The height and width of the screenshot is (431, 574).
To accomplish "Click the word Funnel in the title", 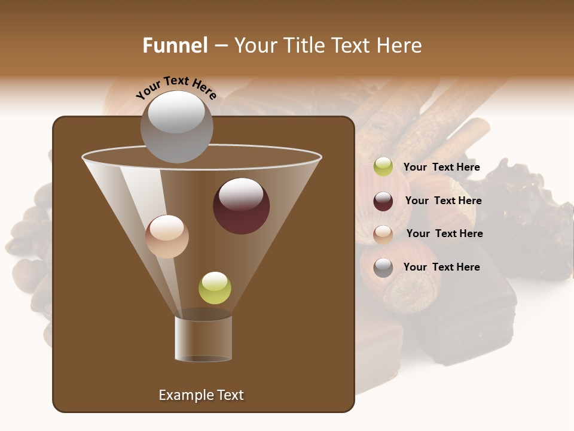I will [x=175, y=45].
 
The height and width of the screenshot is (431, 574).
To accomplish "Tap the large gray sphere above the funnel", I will [x=176, y=126].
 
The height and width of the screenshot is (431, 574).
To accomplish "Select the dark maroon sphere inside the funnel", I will [x=241, y=206].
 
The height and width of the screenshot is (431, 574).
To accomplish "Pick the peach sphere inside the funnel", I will [x=167, y=236].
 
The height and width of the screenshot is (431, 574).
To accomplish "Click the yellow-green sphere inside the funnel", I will [x=215, y=288].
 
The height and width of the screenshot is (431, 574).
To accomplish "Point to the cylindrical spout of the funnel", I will [x=203, y=339].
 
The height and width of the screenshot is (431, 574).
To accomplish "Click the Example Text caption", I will [x=201, y=395].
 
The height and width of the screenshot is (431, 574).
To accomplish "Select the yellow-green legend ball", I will [x=383, y=167].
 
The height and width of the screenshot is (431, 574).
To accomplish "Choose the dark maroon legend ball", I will [x=383, y=201].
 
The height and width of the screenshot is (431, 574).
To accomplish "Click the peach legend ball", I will [x=383, y=234].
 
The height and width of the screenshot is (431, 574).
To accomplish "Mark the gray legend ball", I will [x=383, y=268].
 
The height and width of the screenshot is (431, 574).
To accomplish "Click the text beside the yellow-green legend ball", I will [x=441, y=168].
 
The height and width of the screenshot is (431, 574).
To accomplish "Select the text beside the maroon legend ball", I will [x=443, y=201].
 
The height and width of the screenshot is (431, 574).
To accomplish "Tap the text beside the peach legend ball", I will [x=444, y=234].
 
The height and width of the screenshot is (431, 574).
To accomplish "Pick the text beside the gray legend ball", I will [x=441, y=268].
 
